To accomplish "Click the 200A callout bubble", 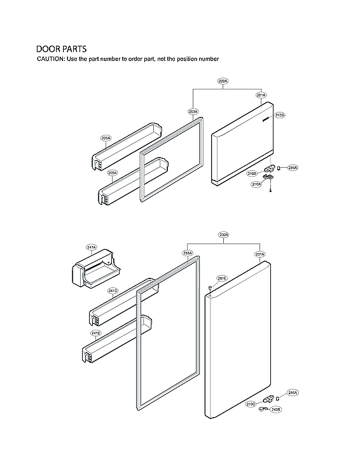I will [223, 81].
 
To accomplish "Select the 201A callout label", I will [261, 95].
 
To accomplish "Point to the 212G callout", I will [280, 115].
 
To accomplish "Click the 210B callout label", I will [252, 173].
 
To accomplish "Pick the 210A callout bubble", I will [256, 184].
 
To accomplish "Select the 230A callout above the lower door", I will [224, 235].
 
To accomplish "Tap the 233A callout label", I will [188, 253].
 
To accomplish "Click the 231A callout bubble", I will [260, 254].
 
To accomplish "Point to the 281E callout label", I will [222, 278].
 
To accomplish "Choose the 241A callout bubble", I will [91, 247].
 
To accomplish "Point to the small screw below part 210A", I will [271, 191].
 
